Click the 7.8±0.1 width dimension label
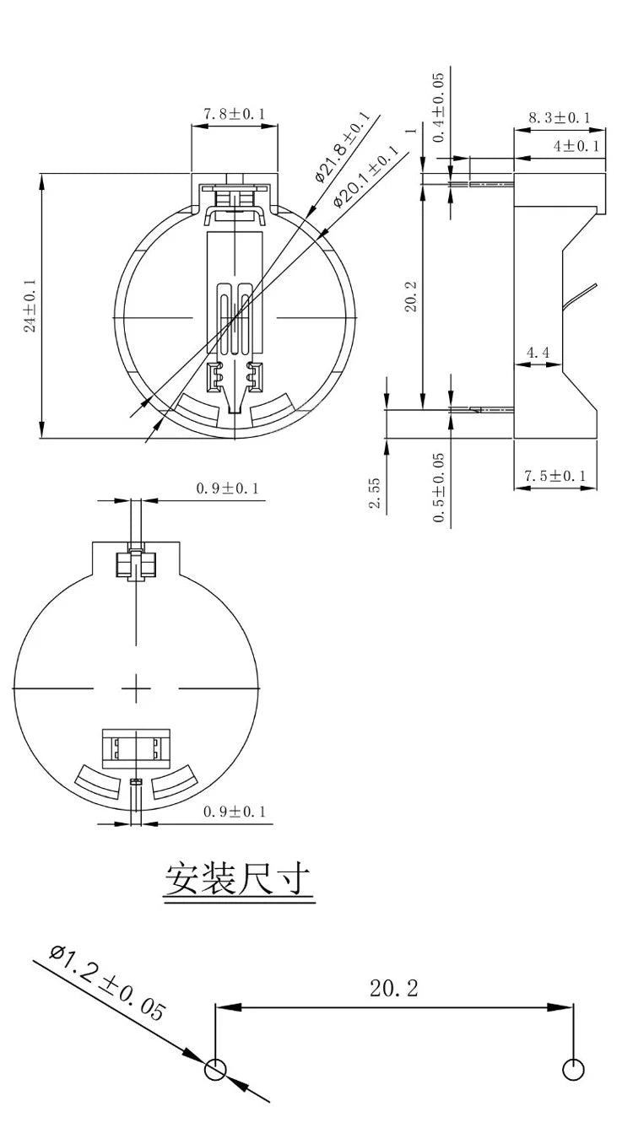(x=234, y=114)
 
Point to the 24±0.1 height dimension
(x=30, y=305)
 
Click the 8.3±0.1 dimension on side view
(x=559, y=118)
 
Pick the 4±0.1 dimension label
(x=576, y=146)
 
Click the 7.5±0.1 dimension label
(x=556, y=477)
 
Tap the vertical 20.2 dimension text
(x=411, y=295)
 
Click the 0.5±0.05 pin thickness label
(x=439, y=488)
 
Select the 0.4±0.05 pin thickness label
(x=438, y=107)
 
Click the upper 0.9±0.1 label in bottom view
(x=227, y=488)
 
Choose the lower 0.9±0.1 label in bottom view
(x=234, y=812)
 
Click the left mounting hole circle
(x=215, y=1070)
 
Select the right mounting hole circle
(x=573, y=1069)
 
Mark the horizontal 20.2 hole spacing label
(x=393, y=988)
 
